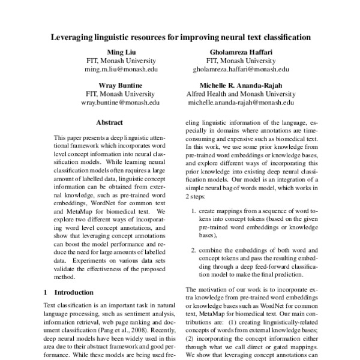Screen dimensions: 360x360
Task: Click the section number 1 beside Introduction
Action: pos(46,292)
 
